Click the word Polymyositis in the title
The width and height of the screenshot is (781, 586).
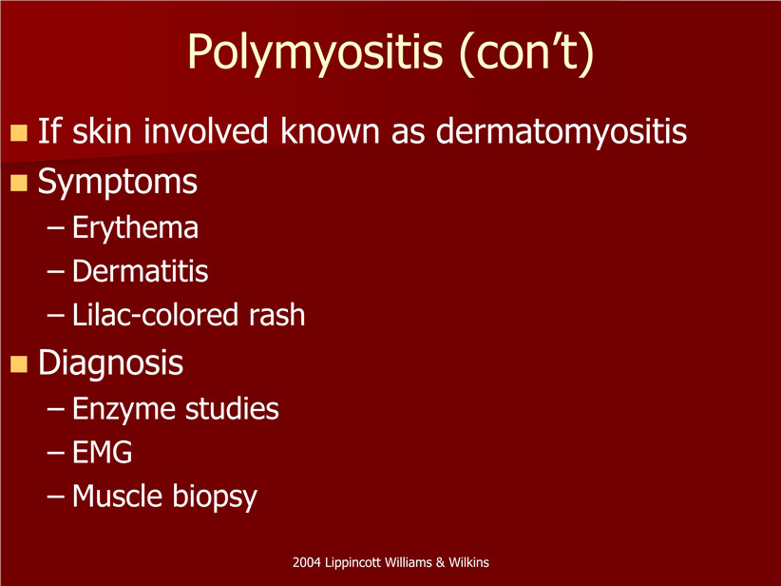click(x=314, y=52)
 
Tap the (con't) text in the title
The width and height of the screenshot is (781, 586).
click(x=526, y=52)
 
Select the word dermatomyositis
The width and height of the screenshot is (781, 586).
click(x=562, y=132)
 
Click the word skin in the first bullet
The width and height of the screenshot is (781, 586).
click(x=102, y=130)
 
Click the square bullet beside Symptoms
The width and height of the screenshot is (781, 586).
click(x=18, y=183)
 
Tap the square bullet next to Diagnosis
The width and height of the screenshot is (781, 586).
click(x=18, y=364)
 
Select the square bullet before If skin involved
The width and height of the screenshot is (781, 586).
click(x=18, y=132)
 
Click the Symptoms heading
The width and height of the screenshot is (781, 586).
click(x=118, y=183)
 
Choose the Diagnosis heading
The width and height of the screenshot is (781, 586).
click(x=110, y=363)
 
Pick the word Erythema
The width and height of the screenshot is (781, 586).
click(x=135, y=228)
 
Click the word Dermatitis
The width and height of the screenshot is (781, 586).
click(x=140, y=271)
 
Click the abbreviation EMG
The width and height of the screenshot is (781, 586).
click(x=102, y=452)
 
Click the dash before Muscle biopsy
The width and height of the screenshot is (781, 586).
click(x=55, y=497)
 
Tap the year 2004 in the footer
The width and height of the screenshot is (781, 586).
click(x=306, y=562)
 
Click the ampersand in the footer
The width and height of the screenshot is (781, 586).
click(x=440, y=562)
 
